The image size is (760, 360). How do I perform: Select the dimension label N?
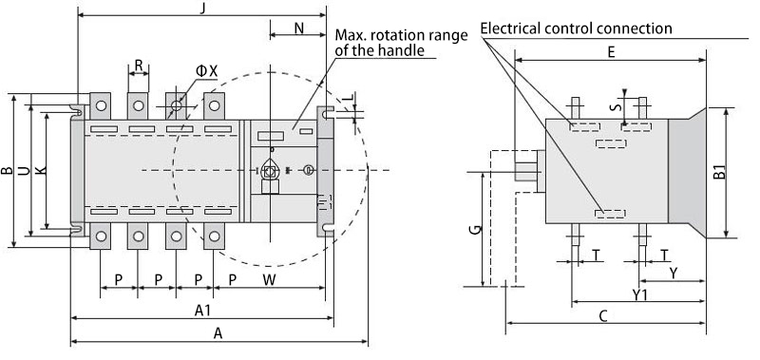[x=299, y=28]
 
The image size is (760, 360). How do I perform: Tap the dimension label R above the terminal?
[x=139, y=66]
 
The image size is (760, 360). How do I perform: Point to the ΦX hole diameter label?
[x=207, y=71]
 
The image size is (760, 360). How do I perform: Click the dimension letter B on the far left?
[x=7, y=171]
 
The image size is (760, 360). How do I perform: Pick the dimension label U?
[x=24, y=171]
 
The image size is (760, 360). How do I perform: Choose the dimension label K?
[x=41, y=171]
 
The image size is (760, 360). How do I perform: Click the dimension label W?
[x=270, y=280]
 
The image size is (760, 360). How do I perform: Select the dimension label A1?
[x=202, y=311]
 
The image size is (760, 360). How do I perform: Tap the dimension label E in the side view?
[x=611, y=52]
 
